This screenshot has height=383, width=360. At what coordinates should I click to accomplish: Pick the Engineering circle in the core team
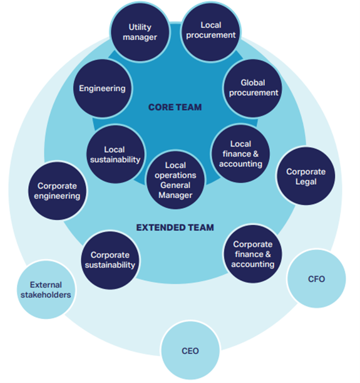click(102, 88)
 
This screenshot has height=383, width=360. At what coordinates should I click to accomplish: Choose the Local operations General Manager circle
click(175, 180)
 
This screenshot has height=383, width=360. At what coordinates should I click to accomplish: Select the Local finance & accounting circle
click(240, 154)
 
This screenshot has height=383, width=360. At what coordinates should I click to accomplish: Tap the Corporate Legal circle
click(306, 176)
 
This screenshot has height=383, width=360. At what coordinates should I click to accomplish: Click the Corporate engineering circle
click(58, 191)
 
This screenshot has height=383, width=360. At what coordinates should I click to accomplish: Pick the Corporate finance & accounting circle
click(253, 254)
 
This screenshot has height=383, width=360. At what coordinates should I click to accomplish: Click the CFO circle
click(317, 278)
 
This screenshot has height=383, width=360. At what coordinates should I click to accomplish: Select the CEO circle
click(190, 350)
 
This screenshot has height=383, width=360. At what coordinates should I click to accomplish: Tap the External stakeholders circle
click(46, 289)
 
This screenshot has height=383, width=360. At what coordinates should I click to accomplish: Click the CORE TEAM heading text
click(175, 108)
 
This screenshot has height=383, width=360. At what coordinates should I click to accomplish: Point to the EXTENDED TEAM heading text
click(175, 227)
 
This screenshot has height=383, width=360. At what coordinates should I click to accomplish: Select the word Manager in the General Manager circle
click(175, 194)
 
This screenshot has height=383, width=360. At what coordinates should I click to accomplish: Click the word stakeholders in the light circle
click(46, 294)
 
